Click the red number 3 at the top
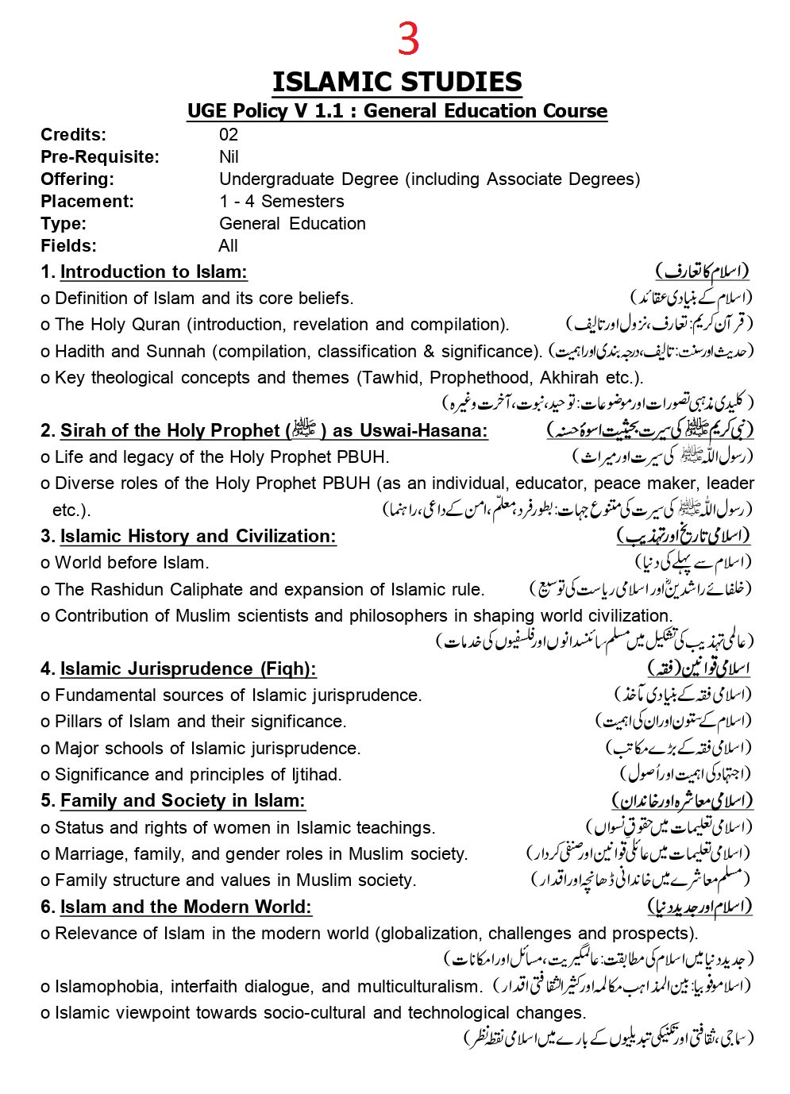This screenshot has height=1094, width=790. [407, 40]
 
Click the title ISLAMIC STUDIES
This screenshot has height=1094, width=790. [397, 82]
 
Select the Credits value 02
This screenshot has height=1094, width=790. [229, 135]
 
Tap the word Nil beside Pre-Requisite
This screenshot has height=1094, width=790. [229, 157]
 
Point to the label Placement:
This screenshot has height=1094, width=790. [87, 202]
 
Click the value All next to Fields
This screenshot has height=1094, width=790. [228, 246]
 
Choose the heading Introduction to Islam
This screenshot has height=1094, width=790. [153, 272]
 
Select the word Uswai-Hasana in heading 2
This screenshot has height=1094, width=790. [423, 431]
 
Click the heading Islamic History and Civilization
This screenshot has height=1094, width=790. [198, 537]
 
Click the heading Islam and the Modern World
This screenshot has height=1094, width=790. [186, 907]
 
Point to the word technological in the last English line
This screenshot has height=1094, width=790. [462, 1013]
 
